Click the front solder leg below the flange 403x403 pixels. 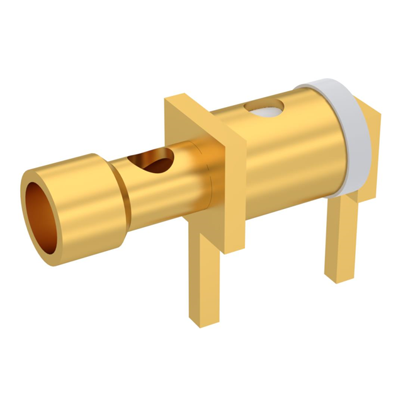pyautogui.click(x=208, y=277)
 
